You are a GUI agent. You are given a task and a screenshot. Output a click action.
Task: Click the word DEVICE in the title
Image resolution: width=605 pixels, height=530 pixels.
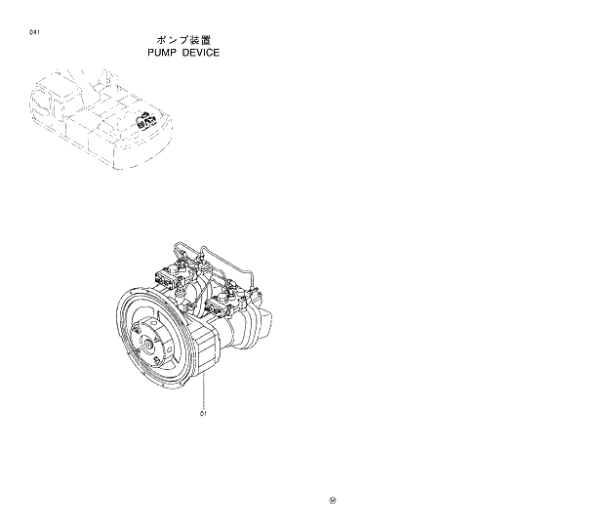tap(200, 53)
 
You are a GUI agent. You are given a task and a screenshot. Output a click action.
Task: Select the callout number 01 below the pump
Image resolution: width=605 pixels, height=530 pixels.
tap(203, 413)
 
